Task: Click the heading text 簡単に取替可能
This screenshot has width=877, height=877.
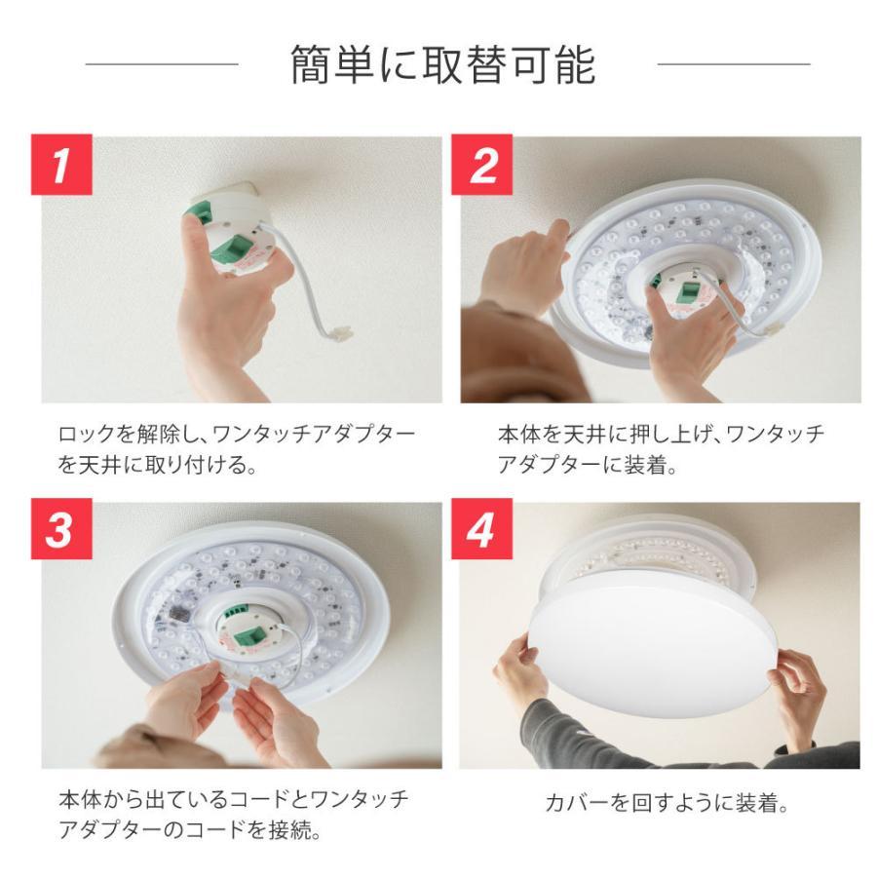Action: coord(443,65)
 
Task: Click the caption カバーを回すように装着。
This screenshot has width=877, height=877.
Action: coord(666,804)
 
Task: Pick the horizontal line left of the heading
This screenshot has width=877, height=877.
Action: coord(162,65)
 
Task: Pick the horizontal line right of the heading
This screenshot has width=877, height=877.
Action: coord(734,65)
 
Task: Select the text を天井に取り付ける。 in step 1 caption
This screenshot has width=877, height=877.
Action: coord(157,464)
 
